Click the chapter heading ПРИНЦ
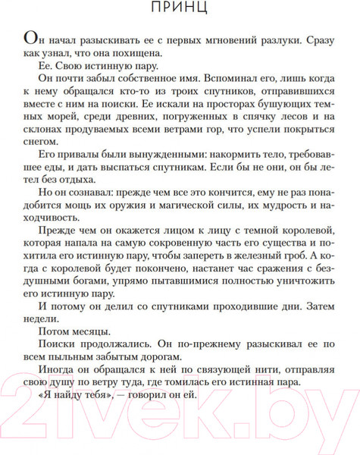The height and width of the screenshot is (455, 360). [180, 10]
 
